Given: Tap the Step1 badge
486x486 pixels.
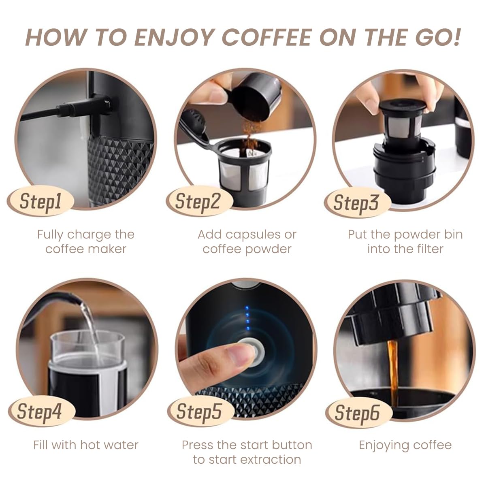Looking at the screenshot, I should point(40,201).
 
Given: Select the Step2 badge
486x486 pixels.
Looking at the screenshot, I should point(198,201).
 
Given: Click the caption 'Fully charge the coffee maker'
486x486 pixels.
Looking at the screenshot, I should point(85,241).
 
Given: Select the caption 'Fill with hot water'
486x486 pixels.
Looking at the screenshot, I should point(86,445).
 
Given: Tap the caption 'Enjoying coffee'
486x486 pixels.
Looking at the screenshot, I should point(405,445).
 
